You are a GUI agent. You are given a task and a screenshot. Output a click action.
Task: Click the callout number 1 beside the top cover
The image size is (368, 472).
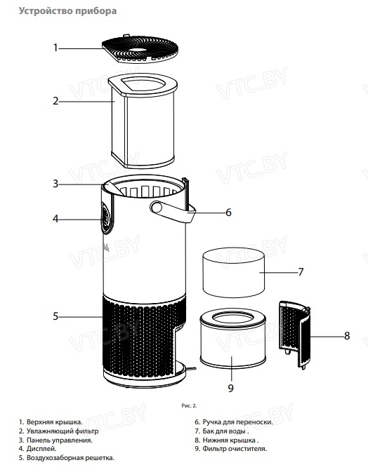click(55, 48)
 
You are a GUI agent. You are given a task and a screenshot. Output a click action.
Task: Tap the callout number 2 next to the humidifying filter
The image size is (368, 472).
click(55, 101)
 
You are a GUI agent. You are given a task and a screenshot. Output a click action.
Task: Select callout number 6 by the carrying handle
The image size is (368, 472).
click(228, 213)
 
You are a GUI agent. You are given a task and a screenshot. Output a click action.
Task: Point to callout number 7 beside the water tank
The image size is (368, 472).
click(301, 272)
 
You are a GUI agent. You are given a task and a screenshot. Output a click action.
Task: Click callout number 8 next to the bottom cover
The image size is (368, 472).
click(347, 336)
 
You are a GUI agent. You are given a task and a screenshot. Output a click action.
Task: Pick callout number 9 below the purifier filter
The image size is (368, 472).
click(230, 388)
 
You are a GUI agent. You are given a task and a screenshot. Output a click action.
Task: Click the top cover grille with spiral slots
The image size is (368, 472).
click(140, 49)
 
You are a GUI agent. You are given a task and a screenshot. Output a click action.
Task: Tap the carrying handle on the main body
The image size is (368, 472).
click(173, 212)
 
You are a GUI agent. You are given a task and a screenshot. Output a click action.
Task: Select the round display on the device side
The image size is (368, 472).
click(105, 217)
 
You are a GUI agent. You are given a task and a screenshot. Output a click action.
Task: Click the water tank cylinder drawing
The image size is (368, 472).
click(234, 272)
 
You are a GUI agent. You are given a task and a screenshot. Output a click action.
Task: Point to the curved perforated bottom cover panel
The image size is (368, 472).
click(295, 335)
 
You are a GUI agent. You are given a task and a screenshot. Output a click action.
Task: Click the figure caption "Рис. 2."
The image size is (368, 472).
click(189, 406)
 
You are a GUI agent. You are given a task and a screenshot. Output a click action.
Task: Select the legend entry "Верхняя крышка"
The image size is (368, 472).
click(54, 422)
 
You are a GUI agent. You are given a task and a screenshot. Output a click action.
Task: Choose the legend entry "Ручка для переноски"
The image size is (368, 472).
click(237, 422)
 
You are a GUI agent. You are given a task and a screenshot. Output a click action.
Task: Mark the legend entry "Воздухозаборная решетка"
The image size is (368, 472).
click(70, 458)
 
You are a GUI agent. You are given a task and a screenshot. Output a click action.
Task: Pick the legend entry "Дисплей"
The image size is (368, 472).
click(41, 449)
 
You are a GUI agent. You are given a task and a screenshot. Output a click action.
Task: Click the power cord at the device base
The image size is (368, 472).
click(191, 368)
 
